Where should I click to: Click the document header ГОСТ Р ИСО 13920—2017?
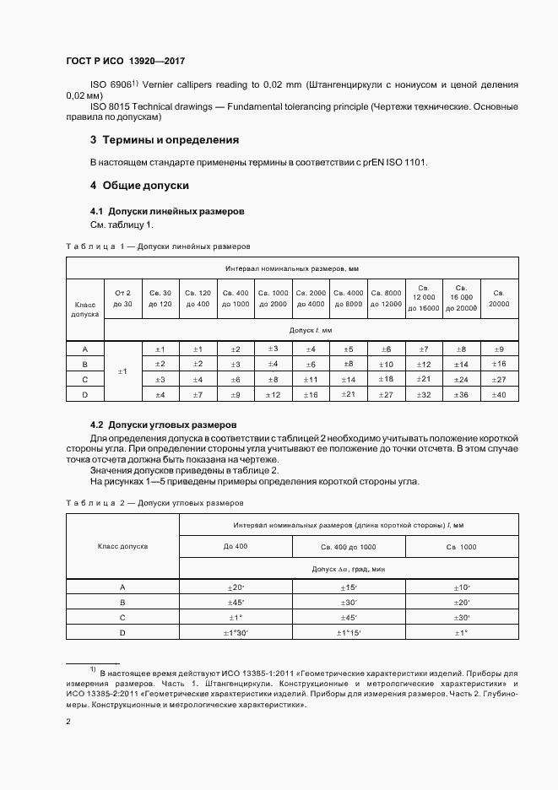pyautogui.click(x=125, y=62)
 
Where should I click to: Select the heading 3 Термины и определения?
pyautogui.click(x=165, y=139)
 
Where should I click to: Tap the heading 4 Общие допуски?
pyautogui.click(x=139, y=185)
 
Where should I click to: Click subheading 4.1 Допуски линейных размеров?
pyautogui.click(x=167, y=211)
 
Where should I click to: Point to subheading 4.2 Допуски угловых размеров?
pyautogui.click(x=164, y=424)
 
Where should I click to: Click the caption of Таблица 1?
pyautogui.click(x=157, y=247)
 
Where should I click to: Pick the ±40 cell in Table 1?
pyautogui.click(x=499, y=394)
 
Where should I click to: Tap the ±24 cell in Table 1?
pyautogui.click(x=461, y=379)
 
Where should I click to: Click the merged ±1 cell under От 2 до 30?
pyautogui.click(x=122, y=371)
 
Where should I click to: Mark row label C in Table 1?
pyautogui.click(x=84, y=379)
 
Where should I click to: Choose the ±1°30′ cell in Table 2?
pyautogui.click(x=236, y=633)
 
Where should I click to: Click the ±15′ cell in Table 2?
pyautogui.click(x=349, y=587)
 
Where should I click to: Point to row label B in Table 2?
pyautogui.click(x=122, y=602)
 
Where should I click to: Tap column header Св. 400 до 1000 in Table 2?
pyautogui.click(x=349, y=548)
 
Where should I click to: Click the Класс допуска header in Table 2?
pyautogui.click(x=122, y=546)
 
